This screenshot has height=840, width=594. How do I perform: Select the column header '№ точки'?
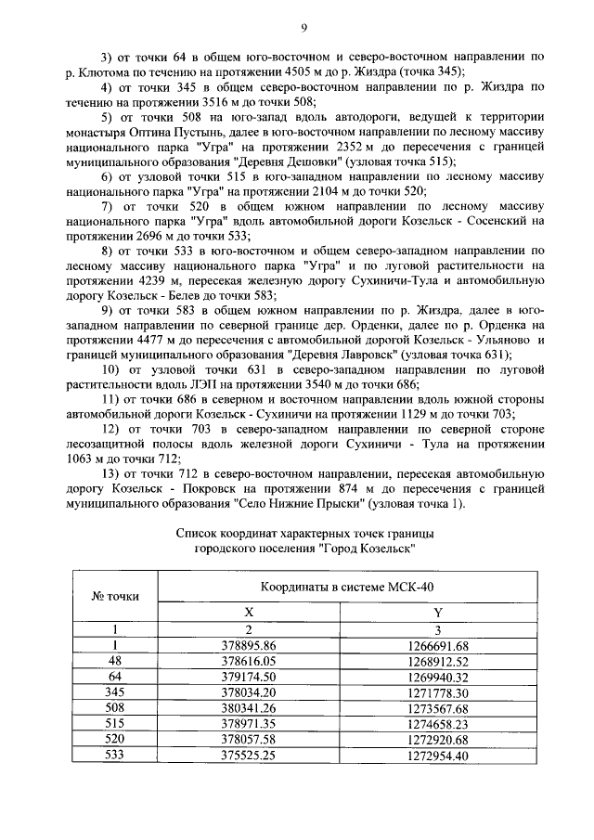click(114, 596)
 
